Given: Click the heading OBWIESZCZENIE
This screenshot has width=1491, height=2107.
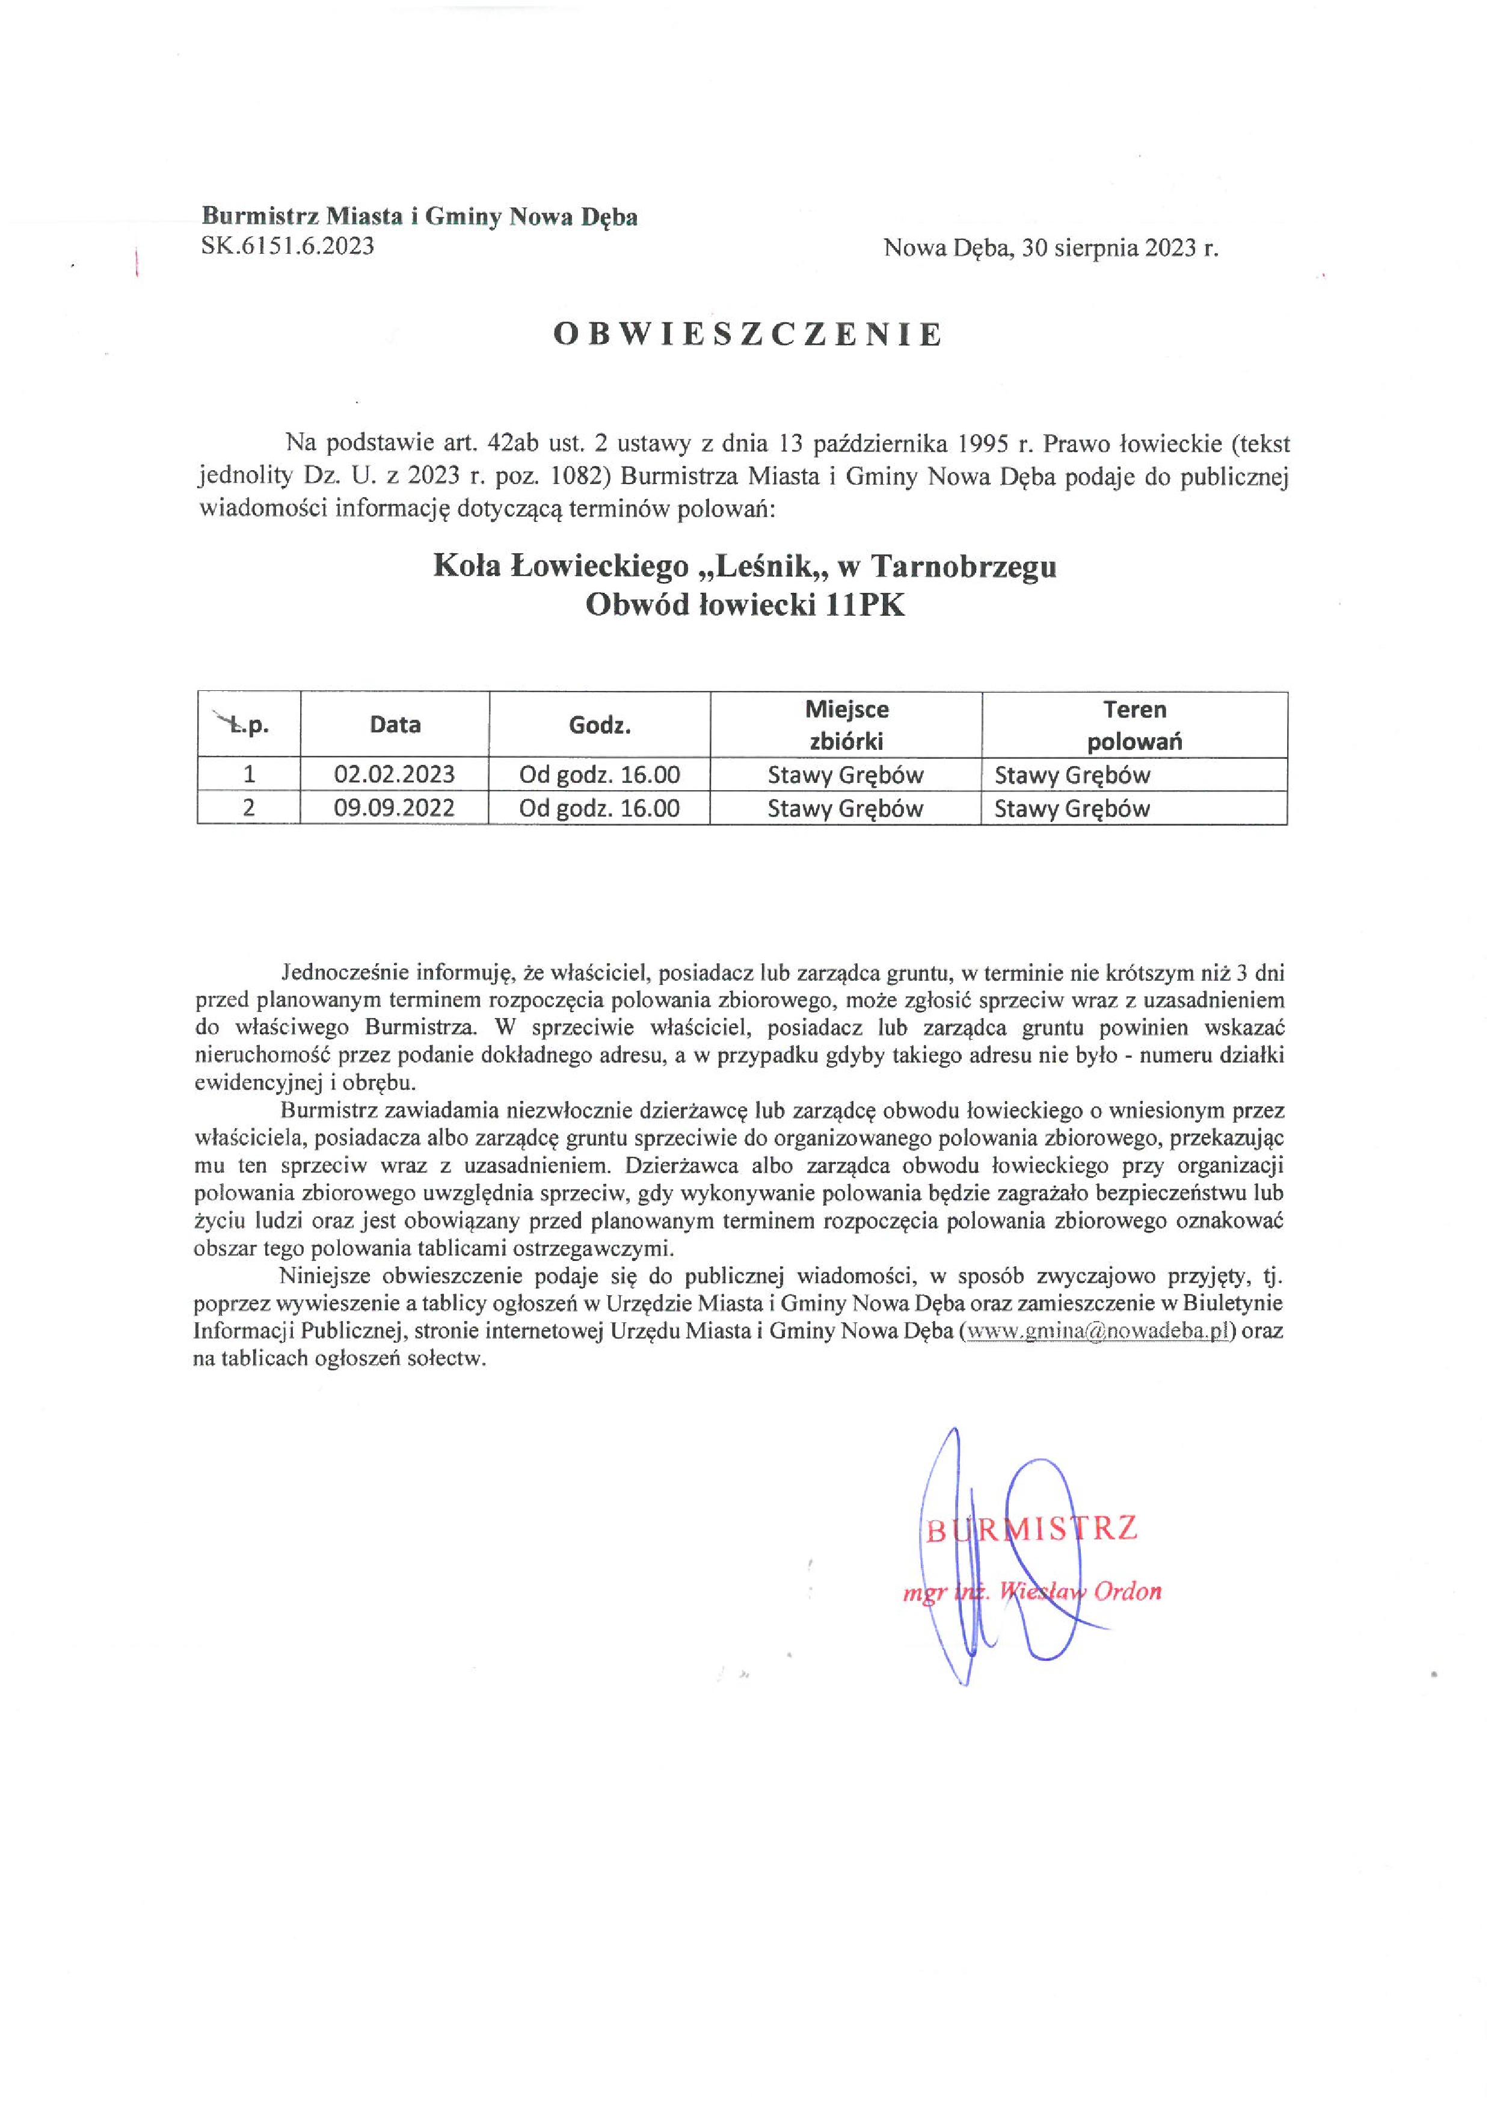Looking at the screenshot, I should point(748,335).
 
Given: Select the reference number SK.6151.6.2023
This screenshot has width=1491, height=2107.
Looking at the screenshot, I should point(287,246).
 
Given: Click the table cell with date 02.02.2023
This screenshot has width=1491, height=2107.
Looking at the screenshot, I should point(394,774).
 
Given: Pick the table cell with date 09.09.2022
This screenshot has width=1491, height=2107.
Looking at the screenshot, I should point(394,809).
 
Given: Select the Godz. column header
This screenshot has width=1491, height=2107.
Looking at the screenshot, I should point(600,725).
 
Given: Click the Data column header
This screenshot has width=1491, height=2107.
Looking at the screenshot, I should point(395,725).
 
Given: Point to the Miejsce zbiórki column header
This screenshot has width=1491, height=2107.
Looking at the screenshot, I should point(846,725).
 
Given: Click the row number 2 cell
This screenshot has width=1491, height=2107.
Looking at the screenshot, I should point(249,809).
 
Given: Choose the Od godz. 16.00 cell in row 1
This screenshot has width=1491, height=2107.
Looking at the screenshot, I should point(600,774).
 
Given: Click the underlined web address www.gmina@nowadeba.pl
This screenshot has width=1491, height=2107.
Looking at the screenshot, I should point(1093,1331).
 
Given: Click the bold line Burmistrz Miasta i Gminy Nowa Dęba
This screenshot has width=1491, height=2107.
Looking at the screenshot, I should point(420,216).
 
